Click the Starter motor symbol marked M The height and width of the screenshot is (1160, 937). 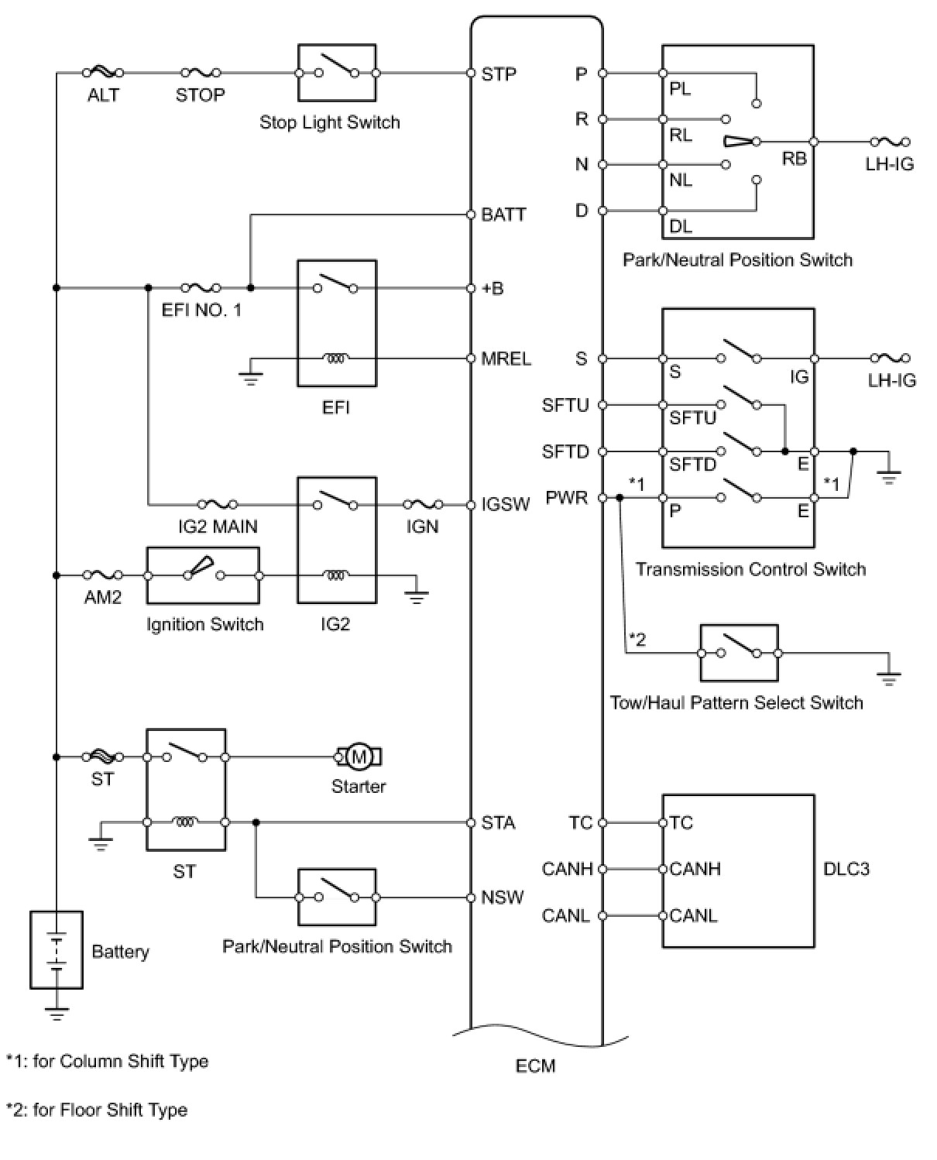click(x=359, y=757)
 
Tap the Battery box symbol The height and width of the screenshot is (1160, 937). click(x=56, y=950)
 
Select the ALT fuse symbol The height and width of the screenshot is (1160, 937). click(x=103, y=72)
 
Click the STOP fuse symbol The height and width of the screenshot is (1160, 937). click(x=201, y=72)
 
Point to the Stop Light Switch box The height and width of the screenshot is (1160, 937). click(x=337, y=73)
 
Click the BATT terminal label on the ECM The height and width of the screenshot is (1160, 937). click(x=503, y=214)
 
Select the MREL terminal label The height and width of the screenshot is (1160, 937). click(x=506, y=359)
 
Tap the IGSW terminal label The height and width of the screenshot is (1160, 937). click(x=505, y=504)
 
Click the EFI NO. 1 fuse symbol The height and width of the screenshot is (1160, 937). click(x=201, y=287)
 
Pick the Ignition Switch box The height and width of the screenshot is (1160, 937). click(x=203, y=575)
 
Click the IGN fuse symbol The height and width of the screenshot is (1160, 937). click(x=423, y=504)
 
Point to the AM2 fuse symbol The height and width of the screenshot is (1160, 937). click(x=103, y=575)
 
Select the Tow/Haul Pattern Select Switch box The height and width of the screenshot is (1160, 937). click(x=739, y=653)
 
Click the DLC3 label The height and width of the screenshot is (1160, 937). click(x=846, y=869)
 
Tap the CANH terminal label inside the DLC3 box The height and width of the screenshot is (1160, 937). click(x=695, y=869)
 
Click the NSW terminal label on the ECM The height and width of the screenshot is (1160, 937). click(x=503, y=897)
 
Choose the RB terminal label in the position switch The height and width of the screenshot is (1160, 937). click(x=794, y=159)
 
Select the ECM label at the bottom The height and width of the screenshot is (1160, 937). click(x=536, y=1066)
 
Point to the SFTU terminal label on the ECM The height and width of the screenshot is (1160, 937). click(x=565, y=405)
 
